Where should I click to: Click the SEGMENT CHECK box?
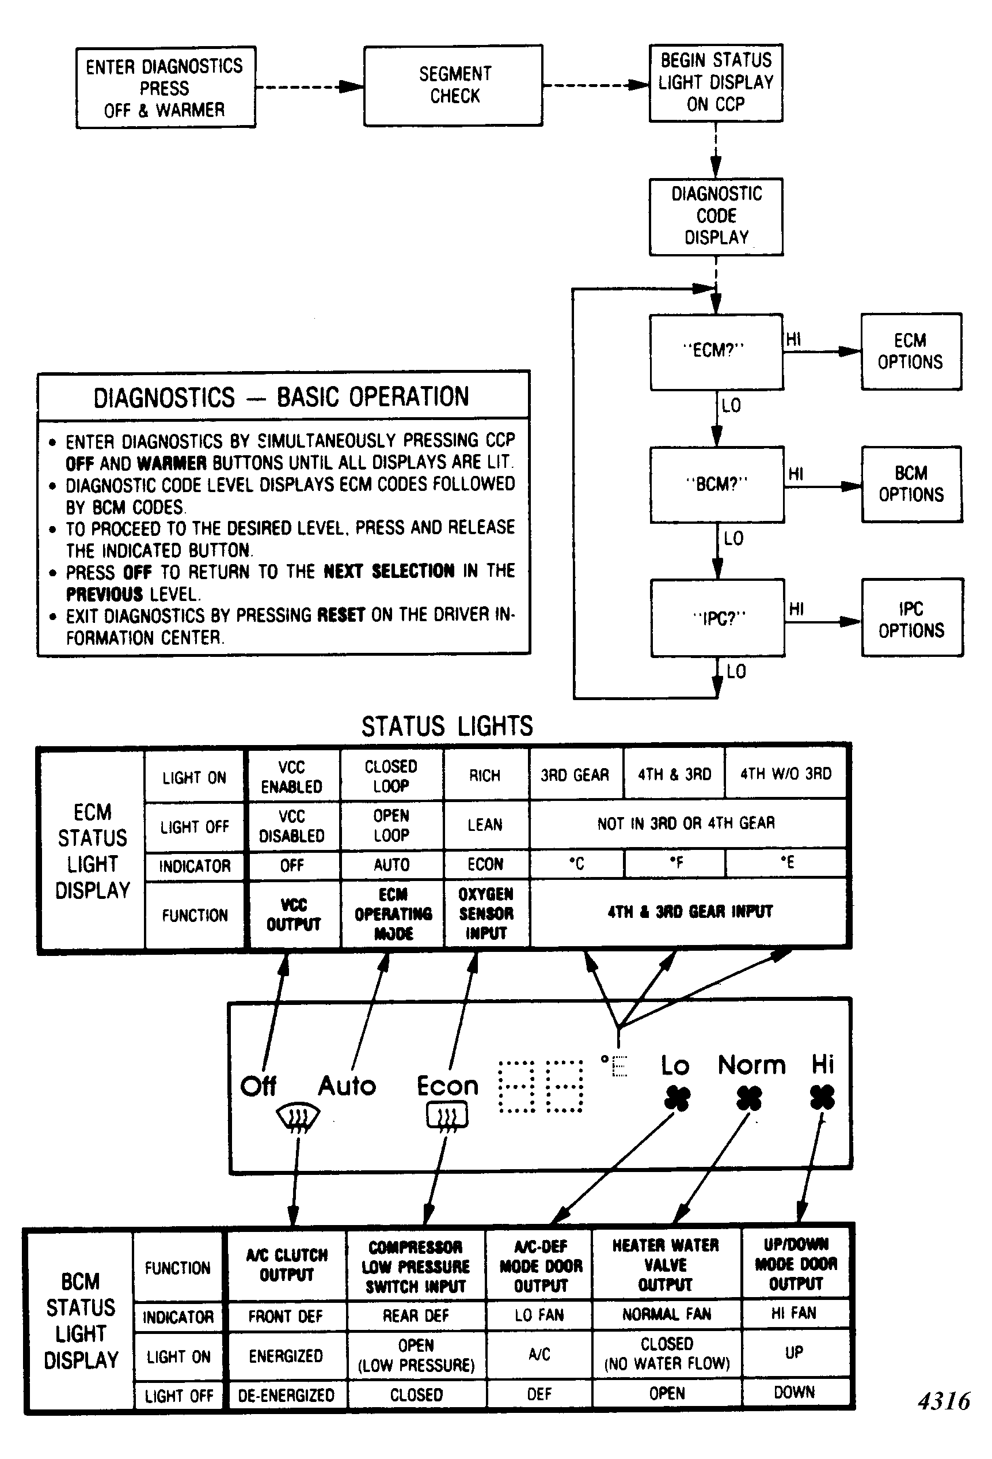coord(453,85)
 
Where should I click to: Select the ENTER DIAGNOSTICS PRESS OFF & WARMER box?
coord(166,87)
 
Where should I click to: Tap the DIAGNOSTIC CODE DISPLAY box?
coord(716,217)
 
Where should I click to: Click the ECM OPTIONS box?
coord(911,351)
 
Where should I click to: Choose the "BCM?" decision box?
coord(717,484)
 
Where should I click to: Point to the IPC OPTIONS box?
coord(912,618)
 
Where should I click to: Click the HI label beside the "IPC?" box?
coord(796,608)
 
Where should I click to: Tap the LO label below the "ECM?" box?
coord(732,406)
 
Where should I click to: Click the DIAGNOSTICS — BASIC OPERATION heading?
coord(281,397)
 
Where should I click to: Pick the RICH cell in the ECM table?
coord(485,776)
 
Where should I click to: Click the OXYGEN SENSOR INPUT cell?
coord(486,913)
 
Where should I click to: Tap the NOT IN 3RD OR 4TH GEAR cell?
coord(686,823)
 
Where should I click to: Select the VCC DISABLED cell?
coord(292,826)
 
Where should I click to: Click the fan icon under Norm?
coord(749,1099)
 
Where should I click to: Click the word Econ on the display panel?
coord(447,1086)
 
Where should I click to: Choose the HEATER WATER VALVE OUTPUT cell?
coord(666,1264)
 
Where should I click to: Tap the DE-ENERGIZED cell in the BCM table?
coord(286,1395)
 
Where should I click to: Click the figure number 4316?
coord(944,1401)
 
